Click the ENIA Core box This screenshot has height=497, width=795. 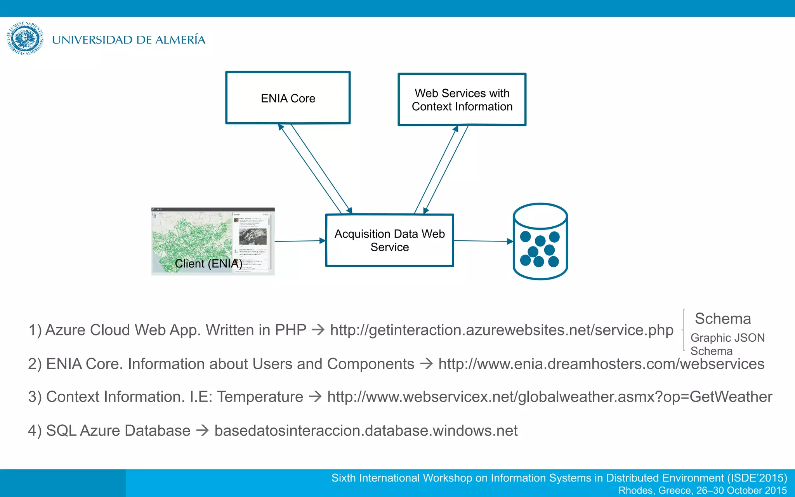click(288, 98)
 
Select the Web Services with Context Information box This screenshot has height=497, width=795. click(462, 100)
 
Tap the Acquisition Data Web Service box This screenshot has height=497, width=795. click(389, 240)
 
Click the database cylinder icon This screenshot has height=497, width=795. click(540, 241)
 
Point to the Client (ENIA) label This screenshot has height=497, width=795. click(208, 264)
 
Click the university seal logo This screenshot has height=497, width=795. click(25, 38)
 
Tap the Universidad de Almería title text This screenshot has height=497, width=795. click(128, 40)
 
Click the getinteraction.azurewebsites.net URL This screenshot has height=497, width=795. click(502, 330)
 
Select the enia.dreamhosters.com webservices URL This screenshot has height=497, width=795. click(601, 364)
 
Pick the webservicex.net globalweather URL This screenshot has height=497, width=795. click(549, 397)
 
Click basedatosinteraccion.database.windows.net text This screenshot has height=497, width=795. click(366, 431)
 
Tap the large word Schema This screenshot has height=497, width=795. click(722, 319)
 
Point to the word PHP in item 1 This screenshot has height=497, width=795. click(290, 330)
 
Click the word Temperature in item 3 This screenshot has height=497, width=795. click(260, 397)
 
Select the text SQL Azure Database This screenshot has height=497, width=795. click(118, 431)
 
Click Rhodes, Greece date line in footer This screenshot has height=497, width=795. click(702, 490)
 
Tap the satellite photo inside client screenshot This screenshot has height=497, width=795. click(253, 236)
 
